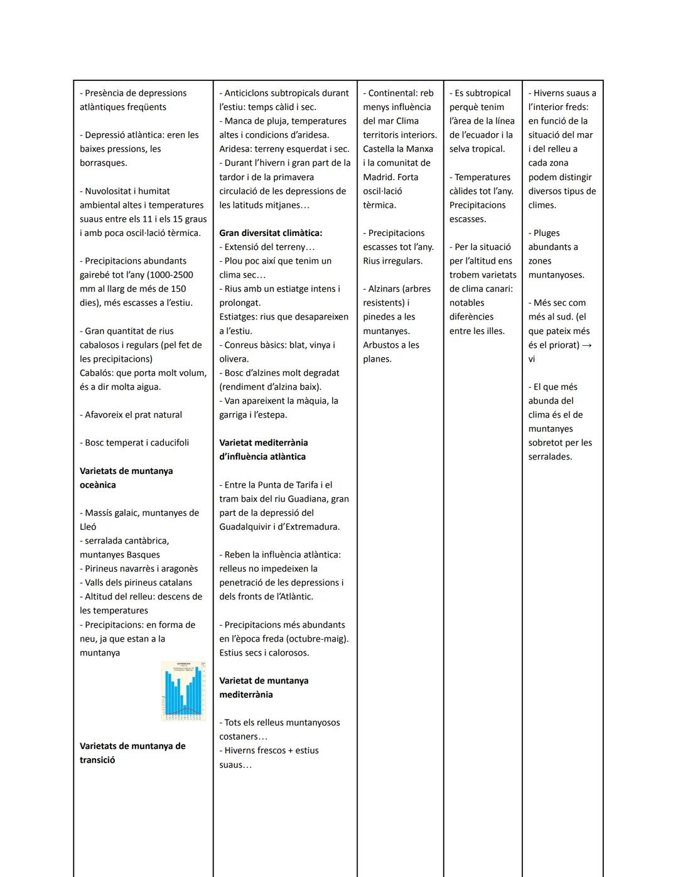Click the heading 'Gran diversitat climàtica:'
[271, 233]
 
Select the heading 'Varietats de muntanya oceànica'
[126, 478]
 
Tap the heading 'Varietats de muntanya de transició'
[132, 753]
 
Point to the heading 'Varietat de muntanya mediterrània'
[264, 687]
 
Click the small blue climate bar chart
[183, 690]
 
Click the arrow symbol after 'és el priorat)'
[586, 345]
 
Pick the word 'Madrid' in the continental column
[377, 177]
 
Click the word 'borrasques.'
[103, 163]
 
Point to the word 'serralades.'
[550, 457]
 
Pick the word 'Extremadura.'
[310, 527]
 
